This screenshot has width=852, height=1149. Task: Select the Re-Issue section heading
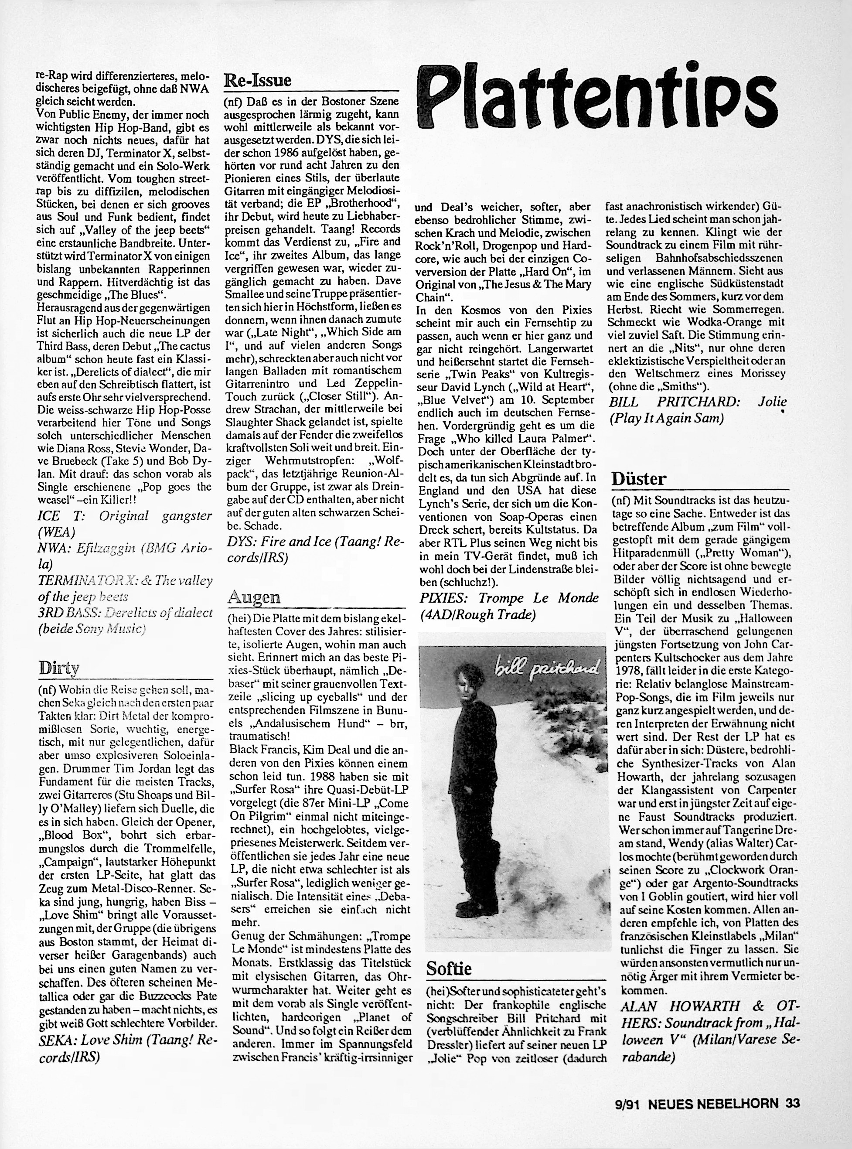click(257, 80)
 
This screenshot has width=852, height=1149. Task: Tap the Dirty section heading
click(59, 668)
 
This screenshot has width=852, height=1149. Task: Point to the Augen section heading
click(254, 597)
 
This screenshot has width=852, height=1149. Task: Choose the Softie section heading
click(449, 968)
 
